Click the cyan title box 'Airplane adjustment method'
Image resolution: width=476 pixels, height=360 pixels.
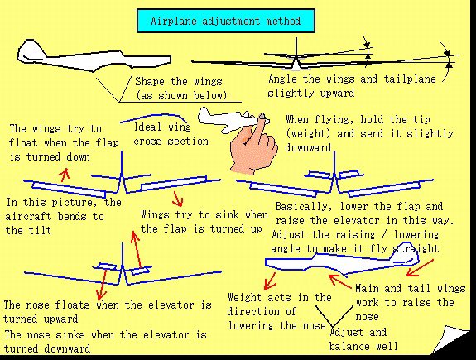(226, 21)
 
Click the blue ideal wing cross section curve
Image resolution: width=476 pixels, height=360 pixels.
(155, 117)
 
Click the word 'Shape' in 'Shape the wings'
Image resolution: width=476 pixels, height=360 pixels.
(150, 82)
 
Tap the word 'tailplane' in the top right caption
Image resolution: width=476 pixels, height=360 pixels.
(410, 79)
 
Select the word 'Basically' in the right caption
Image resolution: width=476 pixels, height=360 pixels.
(303, 207)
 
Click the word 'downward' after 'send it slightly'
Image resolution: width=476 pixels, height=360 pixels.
(308, 147)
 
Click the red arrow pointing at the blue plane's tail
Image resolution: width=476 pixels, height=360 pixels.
(421, 267)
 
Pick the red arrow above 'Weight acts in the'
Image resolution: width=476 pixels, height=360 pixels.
(270, 281)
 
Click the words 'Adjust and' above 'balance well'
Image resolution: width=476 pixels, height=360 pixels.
(358, 332)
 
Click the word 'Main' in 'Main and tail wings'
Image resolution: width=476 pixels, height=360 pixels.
(367, 288)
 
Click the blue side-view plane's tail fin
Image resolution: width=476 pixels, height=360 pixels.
(406, 252)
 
